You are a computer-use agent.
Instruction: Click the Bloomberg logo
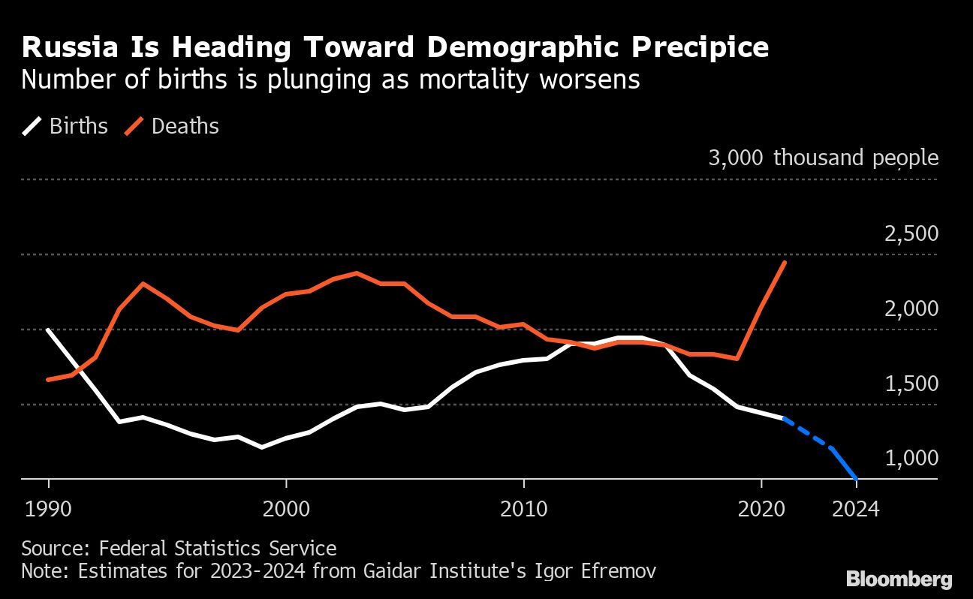899,579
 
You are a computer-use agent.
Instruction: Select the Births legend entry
65,126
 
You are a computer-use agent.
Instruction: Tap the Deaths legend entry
171,126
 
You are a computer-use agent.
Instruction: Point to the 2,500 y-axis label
911,233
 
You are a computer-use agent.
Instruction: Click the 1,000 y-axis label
911,458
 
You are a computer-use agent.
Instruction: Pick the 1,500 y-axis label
911,384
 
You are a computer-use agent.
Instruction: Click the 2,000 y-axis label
911,309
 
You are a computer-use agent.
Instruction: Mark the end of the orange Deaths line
785,262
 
